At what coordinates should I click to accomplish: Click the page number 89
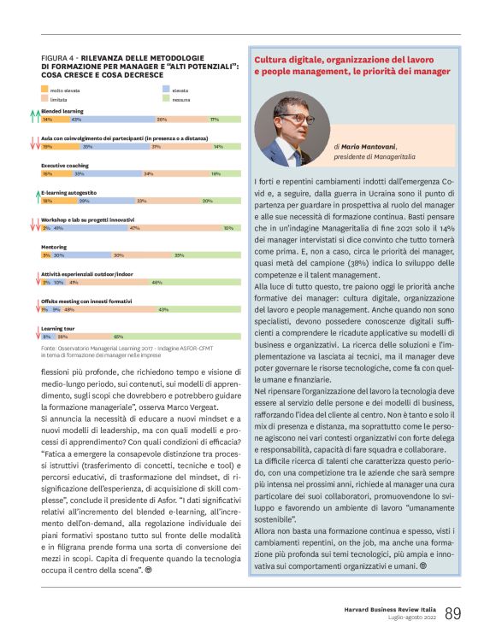click(x=453, y=614)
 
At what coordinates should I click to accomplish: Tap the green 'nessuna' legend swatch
click(x=166, y=99)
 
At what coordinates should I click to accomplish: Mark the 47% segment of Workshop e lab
click(x=133, y=228)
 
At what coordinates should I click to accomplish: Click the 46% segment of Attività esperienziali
click(x=156, y=282)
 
